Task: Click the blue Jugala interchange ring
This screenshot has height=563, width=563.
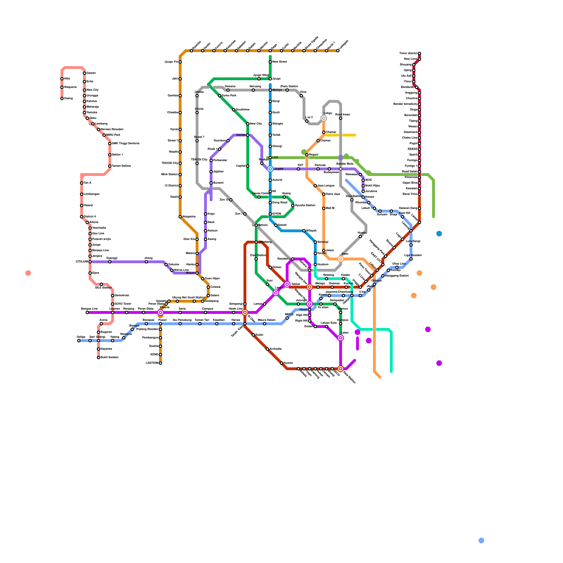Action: pyautogui.click(x=270, y=169)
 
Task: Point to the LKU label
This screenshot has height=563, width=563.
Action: pyautogui.click(x=275, y=158)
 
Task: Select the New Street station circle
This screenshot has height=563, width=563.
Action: pyautogui.click(x=270, y=62)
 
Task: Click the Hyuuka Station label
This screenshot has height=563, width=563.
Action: pyautogui.click(x=305, y=205)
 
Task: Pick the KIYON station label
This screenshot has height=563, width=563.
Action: pyautogui.click(x=277, y=214)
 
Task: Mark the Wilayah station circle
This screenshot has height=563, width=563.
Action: pyautogui.click(x=304, y=231)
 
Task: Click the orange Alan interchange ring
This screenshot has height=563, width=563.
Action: pyautogui.click(x=341, y=259)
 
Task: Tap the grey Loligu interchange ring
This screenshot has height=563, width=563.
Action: pyautogui.click(x=324, y=118)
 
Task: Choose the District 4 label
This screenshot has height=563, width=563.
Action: pyautogui.click(x=90, y=217)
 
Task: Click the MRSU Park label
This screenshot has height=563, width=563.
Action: pyautogui.click(x=113, y=135)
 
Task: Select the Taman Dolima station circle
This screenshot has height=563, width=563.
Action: pyautogui.click(x=110, y=166)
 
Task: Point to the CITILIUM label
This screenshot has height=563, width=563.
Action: pyautogui.click(x=82, y=262)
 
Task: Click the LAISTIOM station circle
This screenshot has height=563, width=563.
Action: pyautogui.click(x=160, y=363)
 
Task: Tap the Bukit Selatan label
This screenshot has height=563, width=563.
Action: pyautogui.click(x=109, y=358)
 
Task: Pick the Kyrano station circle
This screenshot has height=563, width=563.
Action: pyautogui.click(x=281, y=363)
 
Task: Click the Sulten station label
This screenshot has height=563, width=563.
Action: pyautogui.click(x=259, y=335)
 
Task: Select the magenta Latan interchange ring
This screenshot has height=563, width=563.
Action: pyautogui.click(x=341, y=338)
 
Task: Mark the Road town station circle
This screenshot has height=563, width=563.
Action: pyautogui.click(x=341, y=118)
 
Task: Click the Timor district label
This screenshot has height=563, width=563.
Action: pyautogui.click(x=408, y=53)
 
